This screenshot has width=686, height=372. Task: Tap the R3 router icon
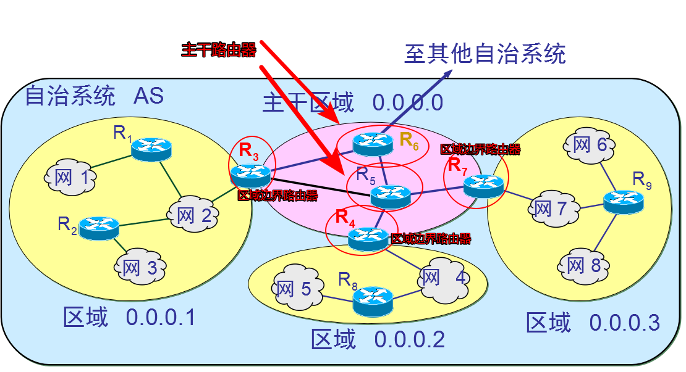250,176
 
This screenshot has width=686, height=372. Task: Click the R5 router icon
391,196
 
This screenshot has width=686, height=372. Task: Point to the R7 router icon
484,185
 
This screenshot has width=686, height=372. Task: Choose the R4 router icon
368,238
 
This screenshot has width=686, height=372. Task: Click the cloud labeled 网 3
140,267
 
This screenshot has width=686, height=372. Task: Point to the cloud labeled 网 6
589,146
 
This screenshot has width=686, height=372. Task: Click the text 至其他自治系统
485,54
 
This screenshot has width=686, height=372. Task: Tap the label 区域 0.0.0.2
378,339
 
